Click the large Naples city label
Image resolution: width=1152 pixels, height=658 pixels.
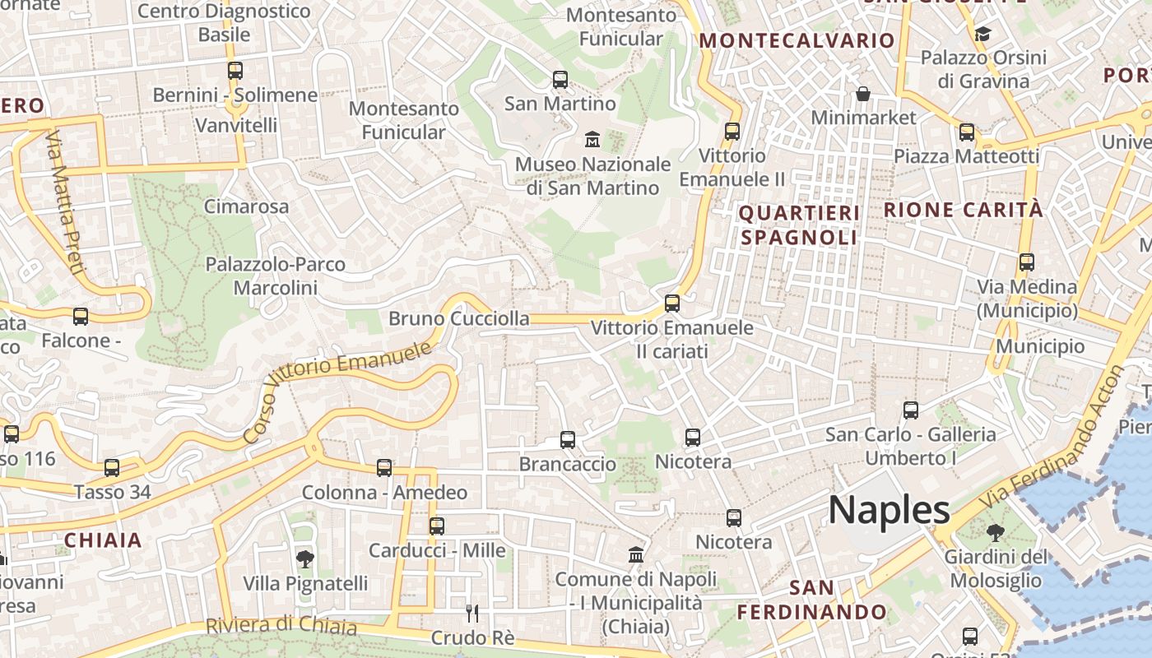click(x=889, y=510)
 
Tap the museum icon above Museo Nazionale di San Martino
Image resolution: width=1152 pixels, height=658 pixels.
click(x=592, y=140)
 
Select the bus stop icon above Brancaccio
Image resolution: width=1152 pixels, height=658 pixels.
click(x=568, y=440)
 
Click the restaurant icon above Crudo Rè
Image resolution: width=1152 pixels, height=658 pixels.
click(x=472, y=613)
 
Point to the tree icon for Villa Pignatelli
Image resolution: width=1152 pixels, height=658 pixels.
click(x=305, y=559)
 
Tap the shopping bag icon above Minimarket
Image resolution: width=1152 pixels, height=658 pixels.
click(x=863, y=94)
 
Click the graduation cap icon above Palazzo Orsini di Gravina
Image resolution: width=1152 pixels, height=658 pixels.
click(x=982, y=34)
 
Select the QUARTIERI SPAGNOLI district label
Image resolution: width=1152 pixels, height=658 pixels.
click(x=799, y=225)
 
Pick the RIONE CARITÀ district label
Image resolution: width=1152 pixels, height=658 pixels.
click(x=964, y=210)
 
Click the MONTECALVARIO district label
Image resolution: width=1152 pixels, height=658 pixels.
click(x=797, y=40)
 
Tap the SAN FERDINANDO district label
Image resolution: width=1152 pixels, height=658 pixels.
click(x=811, y=600)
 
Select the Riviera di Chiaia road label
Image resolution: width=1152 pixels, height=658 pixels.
click(x=281, y=626)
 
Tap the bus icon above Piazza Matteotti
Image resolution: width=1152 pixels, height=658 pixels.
click(x=967, y=132)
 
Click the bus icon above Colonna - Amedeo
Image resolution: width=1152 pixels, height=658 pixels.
click(x=384, y=468)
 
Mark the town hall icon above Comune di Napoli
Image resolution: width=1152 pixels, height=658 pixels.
click(x=636, y=555)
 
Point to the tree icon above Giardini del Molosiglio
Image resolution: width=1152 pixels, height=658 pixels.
click(x=995, y=532)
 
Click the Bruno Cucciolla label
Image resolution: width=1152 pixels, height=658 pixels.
click(x=459, y=318)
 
